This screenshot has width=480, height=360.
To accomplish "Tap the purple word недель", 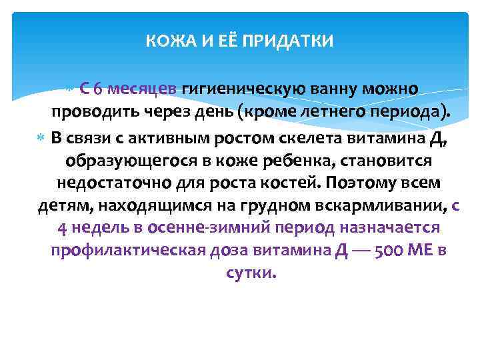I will (x=101, y=229).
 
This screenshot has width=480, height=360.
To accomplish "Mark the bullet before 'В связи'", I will (x=42, y=137).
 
